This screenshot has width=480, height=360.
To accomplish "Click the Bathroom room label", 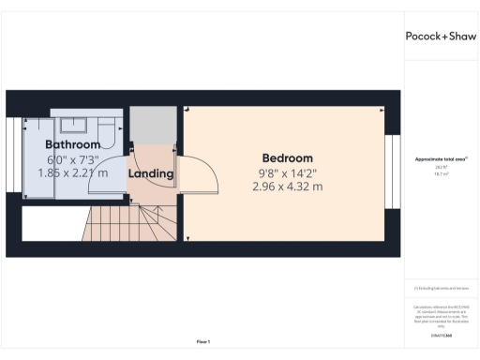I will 72,145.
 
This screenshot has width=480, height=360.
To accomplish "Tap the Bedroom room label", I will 287,158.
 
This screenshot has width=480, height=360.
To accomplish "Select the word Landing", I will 151,173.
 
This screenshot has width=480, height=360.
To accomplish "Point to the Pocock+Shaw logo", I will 439,37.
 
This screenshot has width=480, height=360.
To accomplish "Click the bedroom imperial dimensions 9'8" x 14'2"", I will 287,172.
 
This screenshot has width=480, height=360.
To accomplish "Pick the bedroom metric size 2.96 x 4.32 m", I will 287,187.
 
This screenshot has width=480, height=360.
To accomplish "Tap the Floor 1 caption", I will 202,341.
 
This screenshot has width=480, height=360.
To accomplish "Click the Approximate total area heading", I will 440,159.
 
